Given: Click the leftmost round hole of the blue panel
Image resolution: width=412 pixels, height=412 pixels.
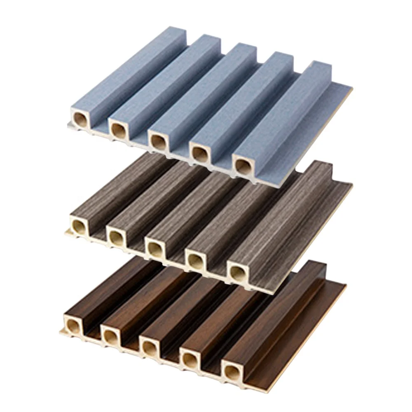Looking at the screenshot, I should pos(80,120).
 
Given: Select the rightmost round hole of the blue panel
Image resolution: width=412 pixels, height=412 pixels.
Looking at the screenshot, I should pos(243,165).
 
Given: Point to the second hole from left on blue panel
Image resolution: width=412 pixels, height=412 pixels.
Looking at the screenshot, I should pos(118,130).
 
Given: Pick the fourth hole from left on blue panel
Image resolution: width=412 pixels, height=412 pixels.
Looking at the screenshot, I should pos(200,154).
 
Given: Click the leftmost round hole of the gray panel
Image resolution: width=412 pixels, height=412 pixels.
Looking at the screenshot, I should pos(78,225).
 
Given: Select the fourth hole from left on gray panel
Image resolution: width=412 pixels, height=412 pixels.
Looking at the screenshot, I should pos(194,260).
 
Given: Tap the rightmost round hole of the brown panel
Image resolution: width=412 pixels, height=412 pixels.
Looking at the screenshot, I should pos(230,369).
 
